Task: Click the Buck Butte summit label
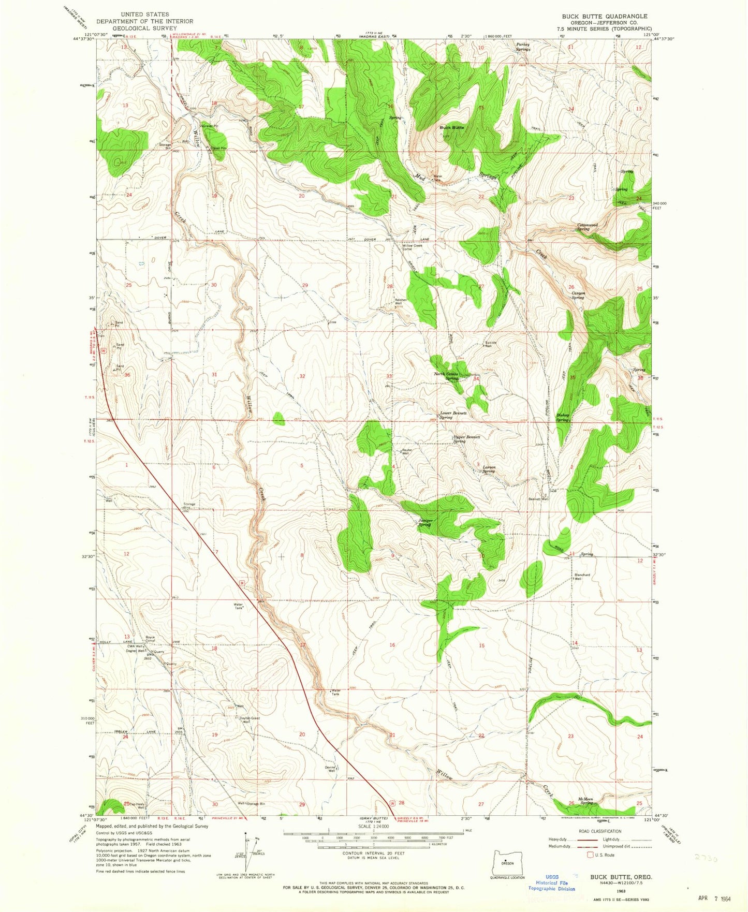[451, 127]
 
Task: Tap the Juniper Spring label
[425, 523]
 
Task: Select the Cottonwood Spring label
[588, 227]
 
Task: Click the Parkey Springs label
[523, 47]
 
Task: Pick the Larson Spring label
[489, 469]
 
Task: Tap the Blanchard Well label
[582, 576]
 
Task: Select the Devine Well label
[331, 769]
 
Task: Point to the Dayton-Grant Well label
[249, 719]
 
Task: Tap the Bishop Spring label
[563, 417]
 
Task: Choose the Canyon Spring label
[578, 295]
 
